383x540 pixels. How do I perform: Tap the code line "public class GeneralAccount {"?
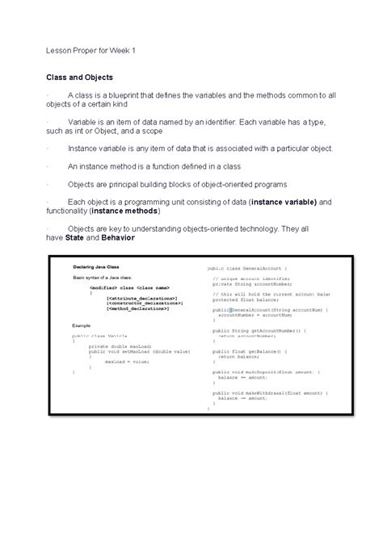point(252,267)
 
